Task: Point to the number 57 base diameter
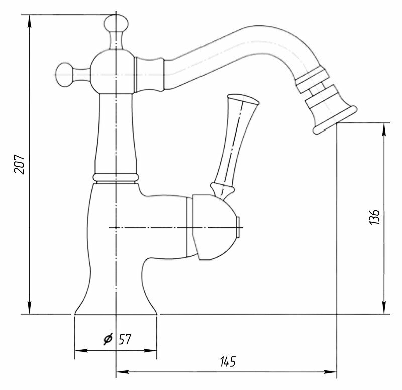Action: click(125, 339)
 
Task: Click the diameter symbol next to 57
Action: click(108, 339)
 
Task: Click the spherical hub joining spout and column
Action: click(114, 72)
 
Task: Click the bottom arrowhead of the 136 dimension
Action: click(384, 309)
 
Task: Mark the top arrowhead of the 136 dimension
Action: click(384, 128)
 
